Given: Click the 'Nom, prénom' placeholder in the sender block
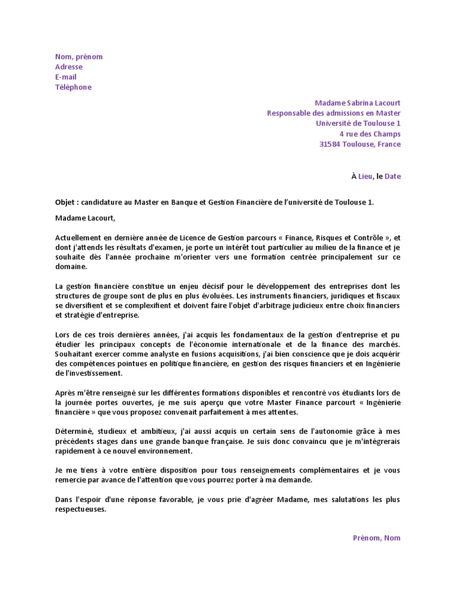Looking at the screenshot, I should click(79, 57).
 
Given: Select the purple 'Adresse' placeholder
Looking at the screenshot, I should click(69, 67).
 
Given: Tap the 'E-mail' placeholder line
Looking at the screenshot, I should click(66, 77).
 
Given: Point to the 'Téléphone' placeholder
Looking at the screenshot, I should click(74, 87).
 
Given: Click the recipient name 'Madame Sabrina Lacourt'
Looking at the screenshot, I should click(357, 103).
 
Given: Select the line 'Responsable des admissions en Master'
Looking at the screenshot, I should click(334, 113).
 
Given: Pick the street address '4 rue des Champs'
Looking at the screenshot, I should click(370, 134).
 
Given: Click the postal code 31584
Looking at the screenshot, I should click(330, 144).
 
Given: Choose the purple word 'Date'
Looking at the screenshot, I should click(392, 176).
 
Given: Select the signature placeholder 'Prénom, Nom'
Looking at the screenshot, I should click(376, 538).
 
